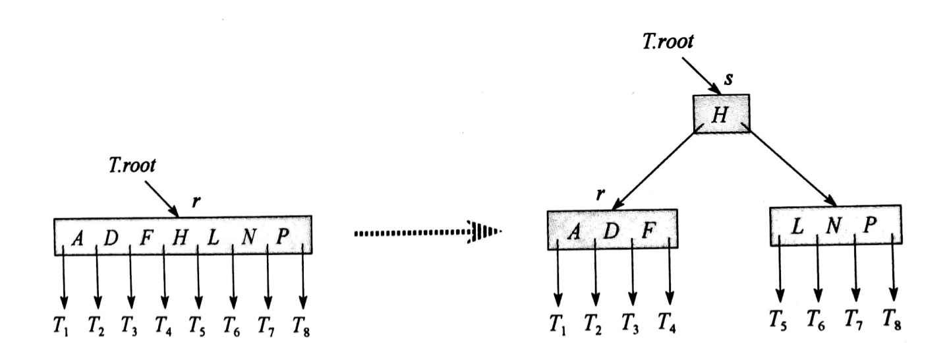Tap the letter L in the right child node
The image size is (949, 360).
coord(798,227)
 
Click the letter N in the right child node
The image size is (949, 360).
coord(834,227)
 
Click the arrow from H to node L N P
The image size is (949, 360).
coord(791,168)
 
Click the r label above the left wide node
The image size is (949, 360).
coord(195,203)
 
